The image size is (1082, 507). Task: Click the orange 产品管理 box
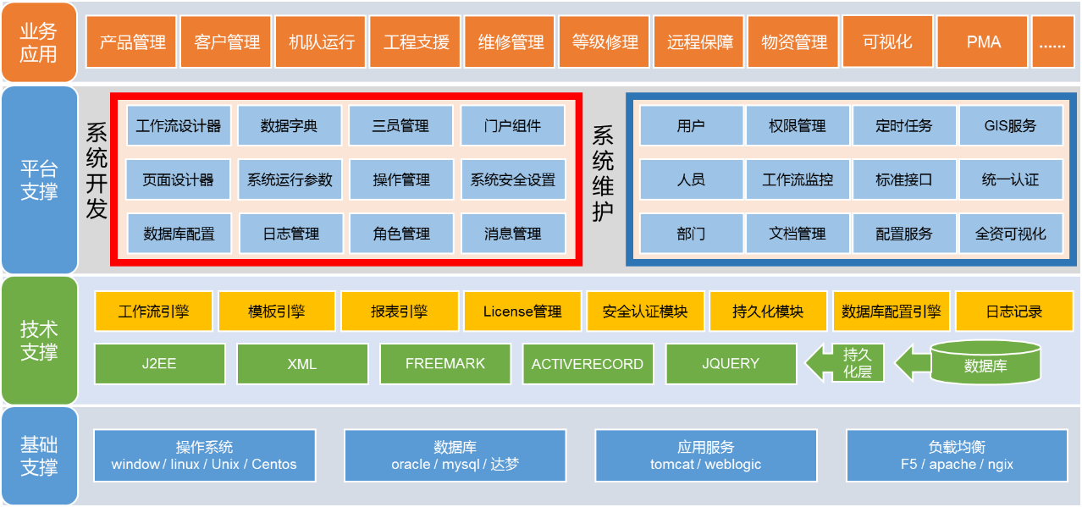point(131,41)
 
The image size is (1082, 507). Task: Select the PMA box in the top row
point(982,41)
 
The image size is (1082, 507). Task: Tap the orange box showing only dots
point(1053,41)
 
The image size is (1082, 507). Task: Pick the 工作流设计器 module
point(179,125)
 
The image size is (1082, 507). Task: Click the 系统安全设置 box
point(513,179)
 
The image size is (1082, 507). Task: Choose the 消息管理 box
point(513,234)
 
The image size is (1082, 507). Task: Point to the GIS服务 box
point(1011,125)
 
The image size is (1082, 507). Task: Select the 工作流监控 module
point(798,179)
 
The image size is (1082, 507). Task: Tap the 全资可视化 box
point(1011,234)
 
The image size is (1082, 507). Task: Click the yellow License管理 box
point(522,311)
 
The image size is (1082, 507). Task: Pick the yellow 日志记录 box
point(1014,311)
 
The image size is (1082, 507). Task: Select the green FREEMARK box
point(444,364)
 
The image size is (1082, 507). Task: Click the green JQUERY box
point(731,364)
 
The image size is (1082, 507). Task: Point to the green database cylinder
point(985,362)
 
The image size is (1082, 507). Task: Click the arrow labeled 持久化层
point(845,362)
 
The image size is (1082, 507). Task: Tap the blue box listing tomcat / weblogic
point(706,455)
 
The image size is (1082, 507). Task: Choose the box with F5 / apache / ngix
point(957,455)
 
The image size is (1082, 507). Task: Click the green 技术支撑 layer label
point(40,340)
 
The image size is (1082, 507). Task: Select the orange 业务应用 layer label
point(39,42)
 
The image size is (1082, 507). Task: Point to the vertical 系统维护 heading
point(603,174)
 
